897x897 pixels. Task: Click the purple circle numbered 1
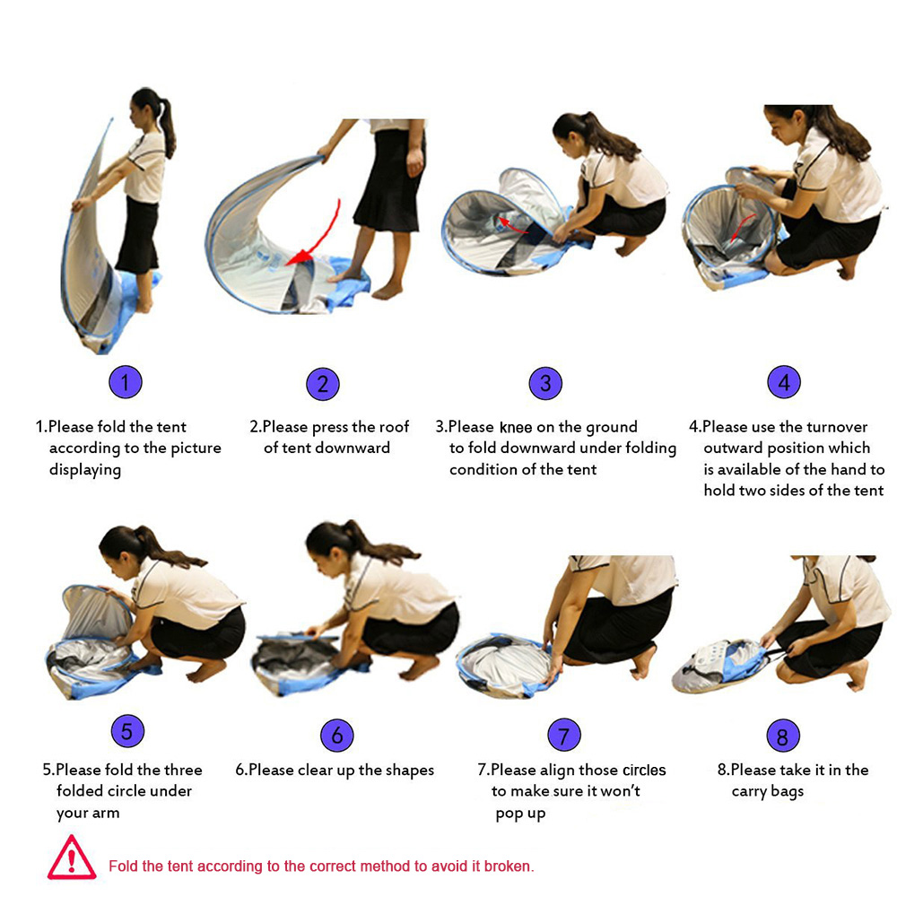(x=126, y=382)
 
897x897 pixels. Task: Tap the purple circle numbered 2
(x=323, y=384)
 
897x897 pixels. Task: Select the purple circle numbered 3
(x=545, y=383)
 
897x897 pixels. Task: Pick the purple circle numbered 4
(x=784, y=382)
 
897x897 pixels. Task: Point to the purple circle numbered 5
(x=127, y=730)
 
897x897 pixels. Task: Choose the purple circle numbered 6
(x=337, y=736)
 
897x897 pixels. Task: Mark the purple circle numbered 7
(x=564, y=736)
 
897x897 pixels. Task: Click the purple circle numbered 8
(x=782, y=736)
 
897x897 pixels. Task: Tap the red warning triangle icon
(x=72, y=858)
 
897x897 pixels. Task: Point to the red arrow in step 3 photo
(x=511, y=225)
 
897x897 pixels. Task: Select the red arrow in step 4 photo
(x=743, y=228)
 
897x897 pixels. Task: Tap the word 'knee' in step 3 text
(x=516, y=427)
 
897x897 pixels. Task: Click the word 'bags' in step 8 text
(x=788, y=792)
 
